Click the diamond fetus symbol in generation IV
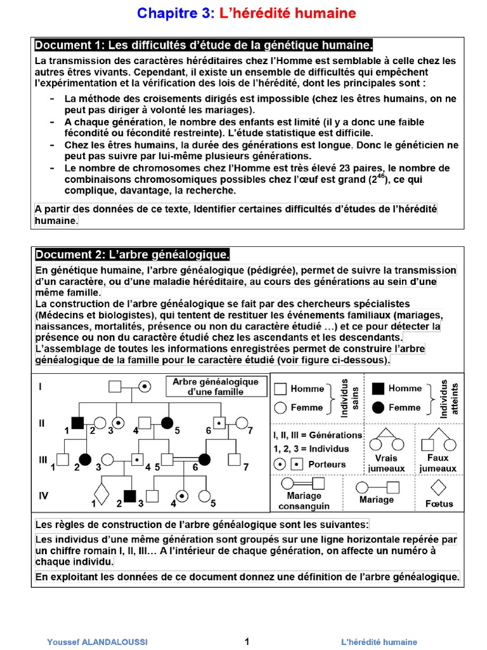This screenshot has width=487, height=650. [101, 493]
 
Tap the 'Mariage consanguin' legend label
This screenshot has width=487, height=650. [304, 501]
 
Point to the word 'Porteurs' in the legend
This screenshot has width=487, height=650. [327, 464]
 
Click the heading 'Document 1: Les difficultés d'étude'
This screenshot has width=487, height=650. [203, 45]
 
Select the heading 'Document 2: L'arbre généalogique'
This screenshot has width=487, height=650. [131, 255]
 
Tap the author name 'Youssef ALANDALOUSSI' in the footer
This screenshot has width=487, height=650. [97, 642]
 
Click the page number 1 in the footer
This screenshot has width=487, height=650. [247, 641]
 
